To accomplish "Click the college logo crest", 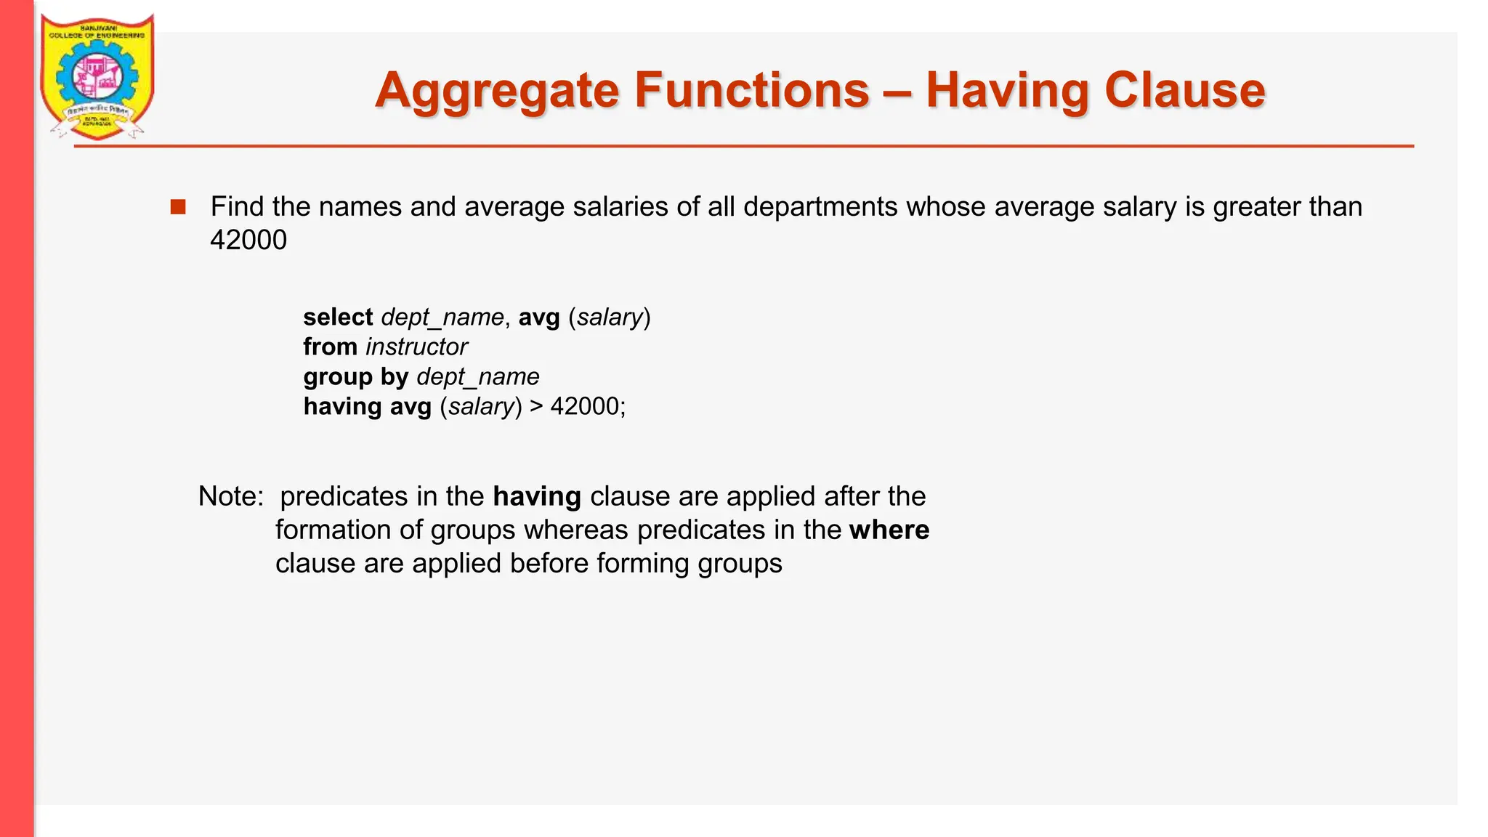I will click(x=97, y=77).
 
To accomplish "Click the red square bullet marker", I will click(x=178, y=207).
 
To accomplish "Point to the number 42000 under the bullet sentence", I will click(x=248, y=240).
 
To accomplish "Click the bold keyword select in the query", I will click(x=338, y=318).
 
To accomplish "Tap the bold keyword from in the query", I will click(x=330, y=347).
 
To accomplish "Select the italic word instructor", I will click(x=417, y=347).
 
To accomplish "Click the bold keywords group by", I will click(x=355, y=377).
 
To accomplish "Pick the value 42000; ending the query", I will click(x=588, y=406).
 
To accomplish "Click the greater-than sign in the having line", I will click(x=536, y=406).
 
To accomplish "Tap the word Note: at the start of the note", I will click(x=231, y=496).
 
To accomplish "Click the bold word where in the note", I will click(x=889, y=530).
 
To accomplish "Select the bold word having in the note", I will click(x=537, y=496).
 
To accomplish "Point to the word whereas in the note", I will click(x=576, y=530).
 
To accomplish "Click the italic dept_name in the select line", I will click(x=442, y=318).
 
